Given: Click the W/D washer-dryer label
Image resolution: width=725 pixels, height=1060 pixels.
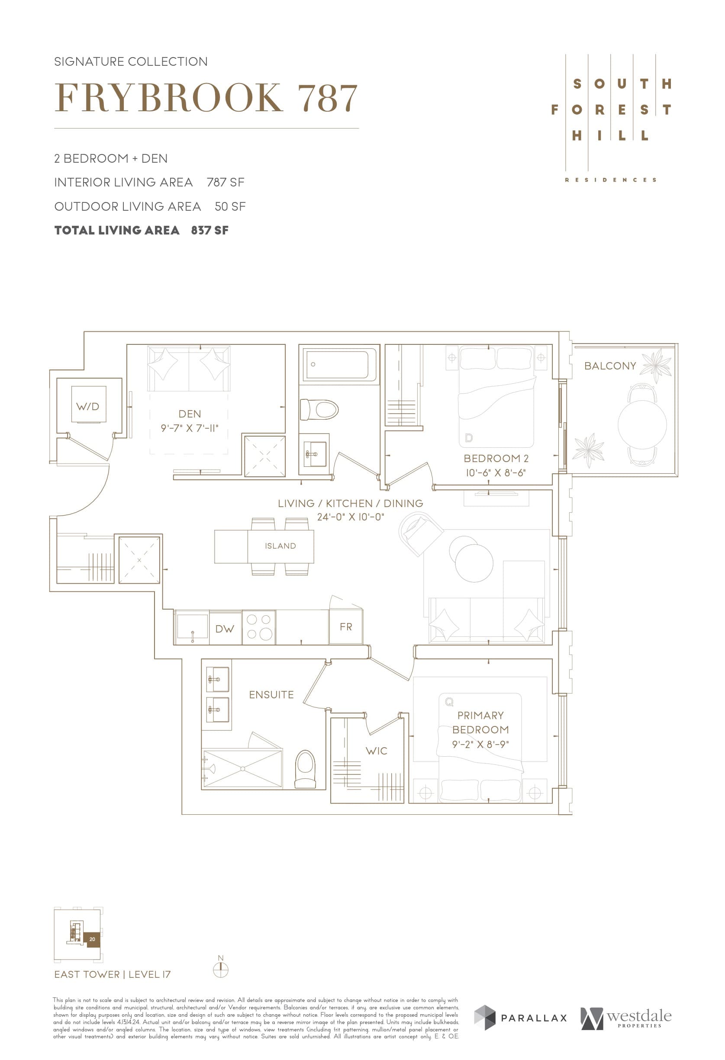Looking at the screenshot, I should point(87,406).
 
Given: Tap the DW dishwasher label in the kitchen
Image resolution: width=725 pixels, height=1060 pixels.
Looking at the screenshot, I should point(225,629).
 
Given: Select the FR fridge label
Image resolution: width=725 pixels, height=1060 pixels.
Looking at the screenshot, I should point(346,627).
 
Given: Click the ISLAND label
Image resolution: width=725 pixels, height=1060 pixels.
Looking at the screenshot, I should point(280,546).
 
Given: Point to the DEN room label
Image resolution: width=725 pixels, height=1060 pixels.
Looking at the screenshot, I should point(190,414).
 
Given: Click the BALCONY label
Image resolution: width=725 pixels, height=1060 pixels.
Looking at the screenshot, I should point(610,366).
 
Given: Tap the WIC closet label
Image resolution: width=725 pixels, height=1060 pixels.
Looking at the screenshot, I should point(377,751).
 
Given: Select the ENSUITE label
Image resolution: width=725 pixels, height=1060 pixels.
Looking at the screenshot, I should point(271,695).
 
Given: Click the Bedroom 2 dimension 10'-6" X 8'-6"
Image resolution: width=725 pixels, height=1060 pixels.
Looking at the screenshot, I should point(496,473).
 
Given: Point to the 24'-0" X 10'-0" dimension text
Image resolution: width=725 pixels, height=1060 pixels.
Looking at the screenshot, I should point(351,517).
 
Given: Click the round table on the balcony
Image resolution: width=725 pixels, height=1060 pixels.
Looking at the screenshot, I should point(642,424).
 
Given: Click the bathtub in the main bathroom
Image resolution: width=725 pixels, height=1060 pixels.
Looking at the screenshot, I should point(338,364).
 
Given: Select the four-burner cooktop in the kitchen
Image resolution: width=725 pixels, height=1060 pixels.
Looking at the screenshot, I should point(259,627).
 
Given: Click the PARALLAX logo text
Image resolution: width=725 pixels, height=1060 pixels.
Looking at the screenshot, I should point(533,1018).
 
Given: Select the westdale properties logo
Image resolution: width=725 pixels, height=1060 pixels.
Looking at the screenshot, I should point(627,1018).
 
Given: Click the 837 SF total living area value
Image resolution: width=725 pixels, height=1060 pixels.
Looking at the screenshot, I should point(210,230).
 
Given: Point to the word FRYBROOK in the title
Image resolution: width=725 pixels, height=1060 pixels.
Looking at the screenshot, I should point(169,98).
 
